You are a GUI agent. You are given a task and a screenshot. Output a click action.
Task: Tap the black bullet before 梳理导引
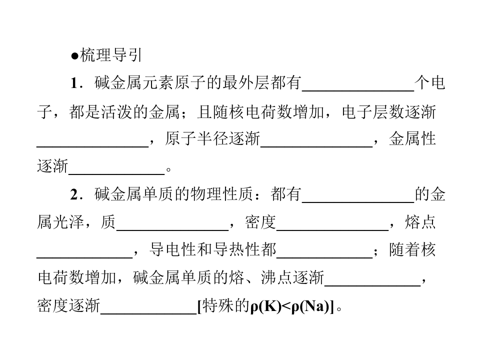coord(74,56)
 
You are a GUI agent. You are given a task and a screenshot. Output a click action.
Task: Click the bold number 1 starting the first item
coord(74,83)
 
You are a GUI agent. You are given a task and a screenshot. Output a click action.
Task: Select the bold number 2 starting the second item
coord(74,194)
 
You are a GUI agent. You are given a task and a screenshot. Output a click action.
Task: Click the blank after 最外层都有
coord(358,90)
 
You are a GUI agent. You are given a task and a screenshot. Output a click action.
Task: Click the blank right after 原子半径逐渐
coord(316,146)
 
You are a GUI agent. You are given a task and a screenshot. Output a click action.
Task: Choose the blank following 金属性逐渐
coord(116,174)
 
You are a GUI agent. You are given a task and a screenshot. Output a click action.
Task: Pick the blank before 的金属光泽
coord(358,202)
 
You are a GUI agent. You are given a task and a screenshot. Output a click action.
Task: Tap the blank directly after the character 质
coord(172,229)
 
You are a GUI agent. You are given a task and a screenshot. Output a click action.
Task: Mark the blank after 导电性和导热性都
coord(324,257)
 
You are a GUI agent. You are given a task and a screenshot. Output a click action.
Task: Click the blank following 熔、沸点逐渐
coord(372,285)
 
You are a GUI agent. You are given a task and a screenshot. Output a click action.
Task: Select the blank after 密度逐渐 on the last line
coord(149,313)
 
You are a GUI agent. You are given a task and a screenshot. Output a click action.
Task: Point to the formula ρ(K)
coord(265,306)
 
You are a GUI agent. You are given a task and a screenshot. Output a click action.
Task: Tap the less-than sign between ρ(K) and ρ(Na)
coord(286,306)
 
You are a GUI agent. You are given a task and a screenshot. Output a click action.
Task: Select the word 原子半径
coord(196,139)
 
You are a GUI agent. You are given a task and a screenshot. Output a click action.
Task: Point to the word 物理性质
coord(221,194)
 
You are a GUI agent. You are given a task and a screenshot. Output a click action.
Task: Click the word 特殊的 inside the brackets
coord(226,306)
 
